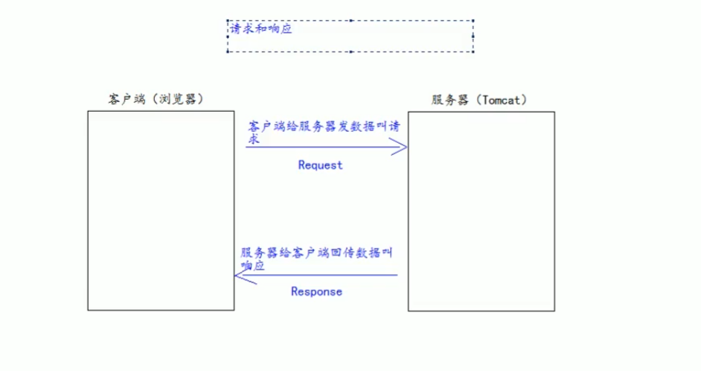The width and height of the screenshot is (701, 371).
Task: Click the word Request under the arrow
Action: click(320, 165)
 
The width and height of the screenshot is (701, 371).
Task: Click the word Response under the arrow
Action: click(316, 291)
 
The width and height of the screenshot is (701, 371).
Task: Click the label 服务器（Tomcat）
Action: click(481, 100)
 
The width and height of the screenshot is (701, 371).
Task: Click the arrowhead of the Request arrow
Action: click(404, 148)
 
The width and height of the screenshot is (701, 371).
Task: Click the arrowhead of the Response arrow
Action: click(237, 276)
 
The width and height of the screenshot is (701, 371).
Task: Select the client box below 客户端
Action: click(161, 211)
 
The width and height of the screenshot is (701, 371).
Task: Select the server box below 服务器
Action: click(481, 211)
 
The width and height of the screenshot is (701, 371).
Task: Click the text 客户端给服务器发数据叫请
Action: click(324, 127)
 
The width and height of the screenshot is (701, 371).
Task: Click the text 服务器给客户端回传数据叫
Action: click(316, 253)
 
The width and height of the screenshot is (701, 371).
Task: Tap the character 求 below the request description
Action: click(254, 139)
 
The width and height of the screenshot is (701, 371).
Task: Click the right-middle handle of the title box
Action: click(473, 36)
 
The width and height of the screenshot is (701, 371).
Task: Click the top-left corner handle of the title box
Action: click(228, 22)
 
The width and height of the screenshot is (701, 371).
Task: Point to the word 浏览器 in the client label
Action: click(179, 99)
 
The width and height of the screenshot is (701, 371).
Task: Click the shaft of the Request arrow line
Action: click(320, 148)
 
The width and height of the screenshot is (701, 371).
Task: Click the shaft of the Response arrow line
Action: click(320, 276)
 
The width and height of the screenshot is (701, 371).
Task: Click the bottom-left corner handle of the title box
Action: click(228, 51)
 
